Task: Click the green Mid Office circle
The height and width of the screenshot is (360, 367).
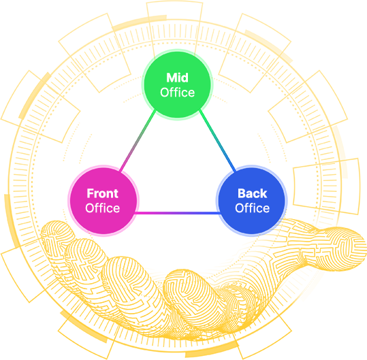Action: pos(177,84)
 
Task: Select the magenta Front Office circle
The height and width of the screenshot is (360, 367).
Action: pos(103,201)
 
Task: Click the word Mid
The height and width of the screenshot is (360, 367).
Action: pos(177,78)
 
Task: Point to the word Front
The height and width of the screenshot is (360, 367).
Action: pos(103,193)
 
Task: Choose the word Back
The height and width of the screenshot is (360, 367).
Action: pos(253,193)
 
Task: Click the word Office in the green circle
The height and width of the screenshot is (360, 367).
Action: pos(178,93)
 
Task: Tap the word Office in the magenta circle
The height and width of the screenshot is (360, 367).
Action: pos(103,208)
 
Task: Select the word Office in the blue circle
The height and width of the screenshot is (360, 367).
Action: pos(253,208)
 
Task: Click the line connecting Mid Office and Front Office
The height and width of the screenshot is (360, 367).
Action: pos(138,141)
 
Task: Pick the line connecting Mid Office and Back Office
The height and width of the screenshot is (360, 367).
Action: pos(217,141)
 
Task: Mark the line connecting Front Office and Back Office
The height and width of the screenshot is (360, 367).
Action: pos(178,213)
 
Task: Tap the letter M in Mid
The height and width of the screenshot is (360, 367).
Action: pos(171,78)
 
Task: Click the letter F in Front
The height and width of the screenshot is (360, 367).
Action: pos(90,194)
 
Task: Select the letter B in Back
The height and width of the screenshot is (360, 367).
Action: pos(242,194)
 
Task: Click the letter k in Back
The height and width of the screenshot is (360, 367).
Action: pos(264,194)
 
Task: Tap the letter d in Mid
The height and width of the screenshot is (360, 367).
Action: pos(185,78)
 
